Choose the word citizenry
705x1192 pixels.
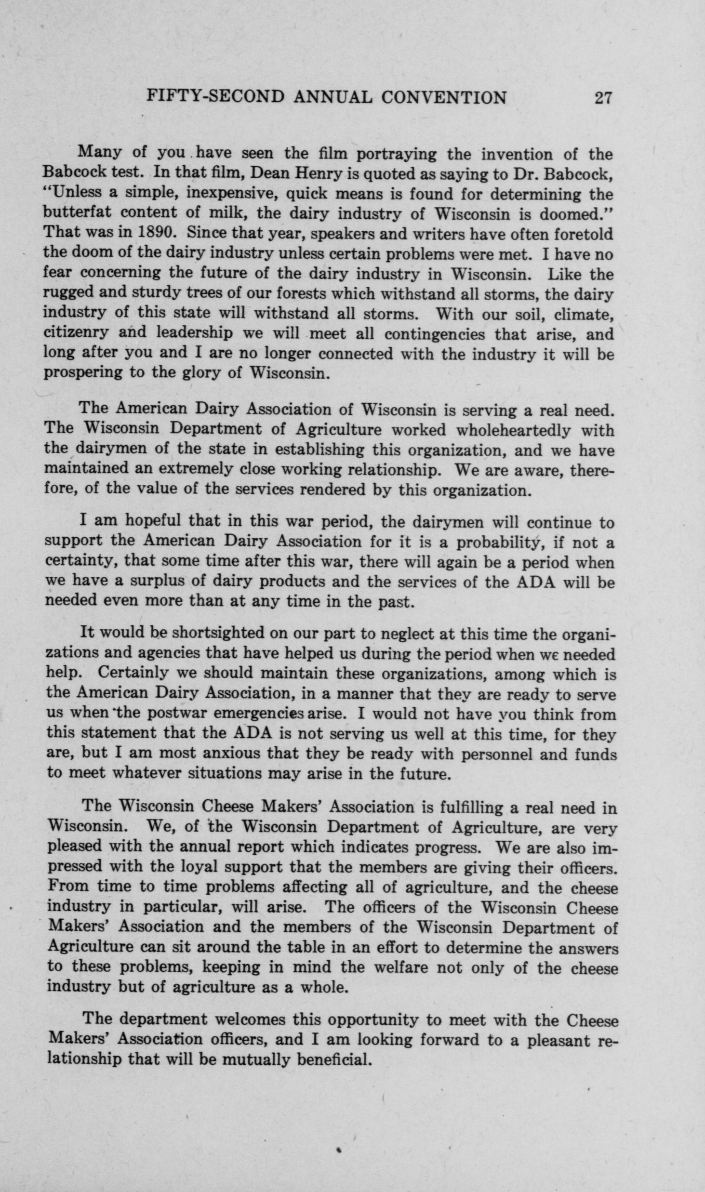tap(76, 333)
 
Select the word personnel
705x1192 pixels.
tap(496, 754)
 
